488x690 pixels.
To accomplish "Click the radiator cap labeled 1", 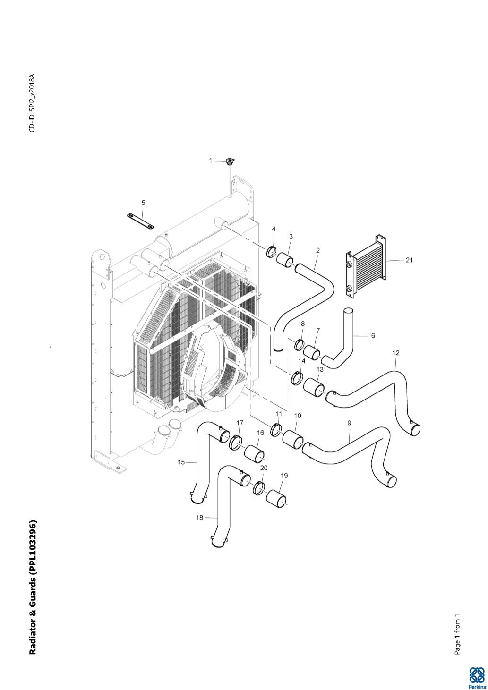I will coord(230,162).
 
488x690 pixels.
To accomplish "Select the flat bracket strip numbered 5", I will coord(140,221).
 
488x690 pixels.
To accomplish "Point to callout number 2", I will coord(318,250).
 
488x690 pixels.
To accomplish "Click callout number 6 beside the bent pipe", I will coord(373,336).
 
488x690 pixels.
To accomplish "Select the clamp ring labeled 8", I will coord(299,344).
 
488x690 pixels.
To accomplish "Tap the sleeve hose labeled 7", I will coord(312,352).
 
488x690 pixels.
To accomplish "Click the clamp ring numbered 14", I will coord(298,378).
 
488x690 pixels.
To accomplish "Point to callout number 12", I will coord(396,353).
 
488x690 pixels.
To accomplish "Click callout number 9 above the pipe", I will coord(349,423).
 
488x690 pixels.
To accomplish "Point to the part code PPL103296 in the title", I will coord(33,548).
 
